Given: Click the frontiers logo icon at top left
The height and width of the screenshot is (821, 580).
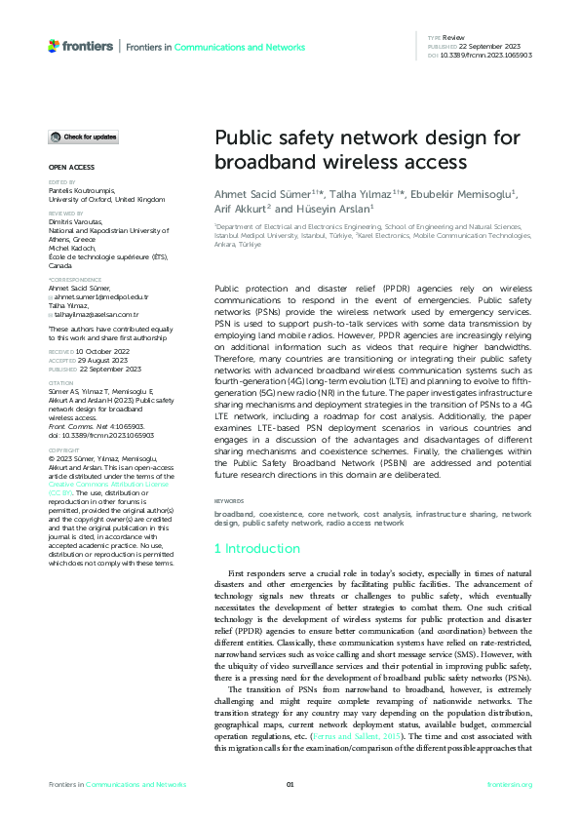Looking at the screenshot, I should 54,46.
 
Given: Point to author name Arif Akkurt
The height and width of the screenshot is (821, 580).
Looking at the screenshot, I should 241,208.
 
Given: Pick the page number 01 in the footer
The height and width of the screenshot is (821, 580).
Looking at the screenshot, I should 290,785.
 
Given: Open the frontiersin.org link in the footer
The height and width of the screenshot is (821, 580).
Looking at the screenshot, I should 509,785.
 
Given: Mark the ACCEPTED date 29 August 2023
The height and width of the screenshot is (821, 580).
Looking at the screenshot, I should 99,358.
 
